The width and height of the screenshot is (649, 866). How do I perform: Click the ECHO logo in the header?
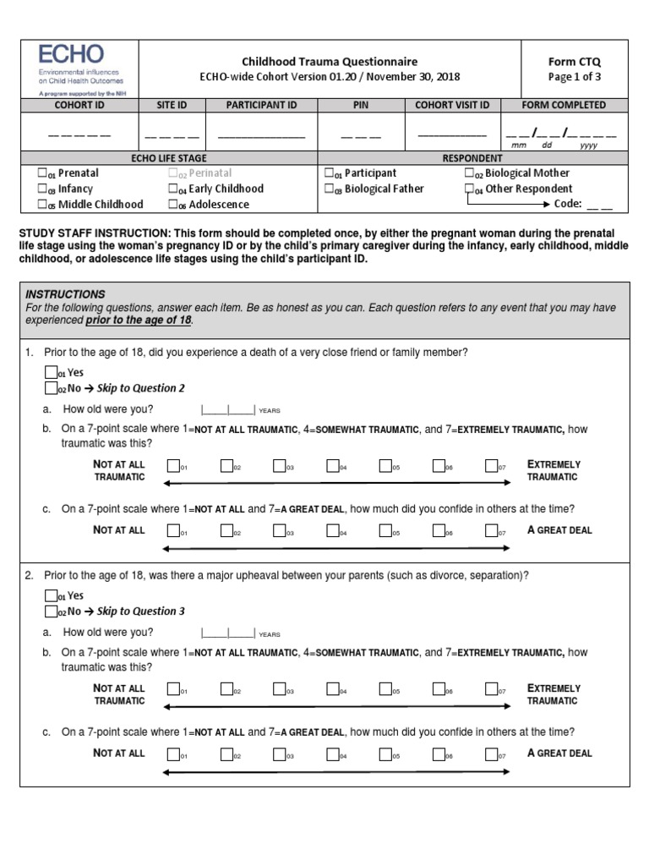(73, 55)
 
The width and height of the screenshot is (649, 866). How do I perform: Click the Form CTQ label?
(577, 62)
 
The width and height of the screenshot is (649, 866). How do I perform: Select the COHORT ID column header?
(79, 106)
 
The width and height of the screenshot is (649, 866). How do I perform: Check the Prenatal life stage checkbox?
(42, 173)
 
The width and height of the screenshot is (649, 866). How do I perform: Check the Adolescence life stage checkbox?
(172, 204)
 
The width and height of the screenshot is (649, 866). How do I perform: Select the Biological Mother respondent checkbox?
(469, 173)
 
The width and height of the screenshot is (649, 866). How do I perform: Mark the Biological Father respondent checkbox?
(329, 189)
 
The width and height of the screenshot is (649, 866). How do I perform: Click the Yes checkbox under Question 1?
(51, 372)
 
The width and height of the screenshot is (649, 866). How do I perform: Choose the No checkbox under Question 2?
(51, 611)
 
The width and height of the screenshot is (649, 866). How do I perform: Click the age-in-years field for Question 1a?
(228, 409)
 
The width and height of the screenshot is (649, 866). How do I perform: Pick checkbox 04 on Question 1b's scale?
(332, 464)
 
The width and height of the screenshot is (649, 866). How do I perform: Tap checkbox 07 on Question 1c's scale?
(491, 530)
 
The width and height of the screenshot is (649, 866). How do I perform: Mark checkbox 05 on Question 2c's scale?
(385, 754)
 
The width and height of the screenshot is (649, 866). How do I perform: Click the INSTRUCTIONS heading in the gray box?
(65, 294)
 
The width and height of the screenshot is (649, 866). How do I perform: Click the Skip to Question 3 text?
(140, 611)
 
